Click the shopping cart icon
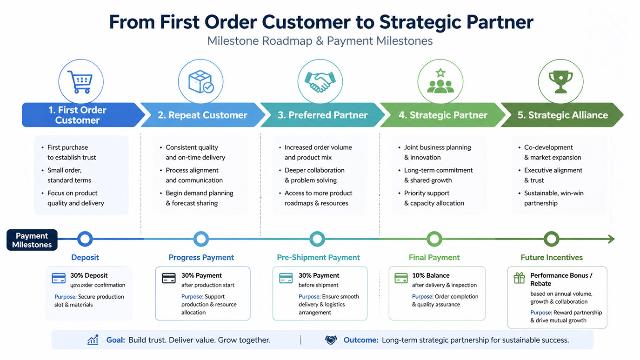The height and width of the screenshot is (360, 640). tap(80, 82)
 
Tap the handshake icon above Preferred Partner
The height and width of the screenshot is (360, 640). tap(320, 82)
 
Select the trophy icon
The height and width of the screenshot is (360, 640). tap(560, 82)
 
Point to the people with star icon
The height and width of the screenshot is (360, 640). tap(440, 81)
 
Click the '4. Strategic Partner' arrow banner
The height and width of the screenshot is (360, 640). tap(443, 115)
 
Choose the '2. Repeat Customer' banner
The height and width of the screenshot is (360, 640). tap(203, 115)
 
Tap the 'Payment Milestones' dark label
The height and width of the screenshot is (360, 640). tap(32, 240)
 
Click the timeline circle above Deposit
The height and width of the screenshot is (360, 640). tap(85, 239)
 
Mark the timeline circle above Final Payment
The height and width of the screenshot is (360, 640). tap(434, 239)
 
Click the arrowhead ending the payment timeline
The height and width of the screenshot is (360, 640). tap(611, 239)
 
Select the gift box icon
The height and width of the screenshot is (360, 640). tap(519, 278)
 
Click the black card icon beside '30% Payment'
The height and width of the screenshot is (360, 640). tap(169, 278)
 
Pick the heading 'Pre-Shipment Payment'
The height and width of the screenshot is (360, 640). tap(318, 257)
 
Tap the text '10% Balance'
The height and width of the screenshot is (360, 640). tap(431, 275)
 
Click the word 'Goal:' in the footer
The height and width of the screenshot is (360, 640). tap(116, 340)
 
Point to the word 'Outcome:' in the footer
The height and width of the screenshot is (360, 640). tap(361, 340)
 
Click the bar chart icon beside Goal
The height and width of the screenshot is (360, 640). tap(93, 340)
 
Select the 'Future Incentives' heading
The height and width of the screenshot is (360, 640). tap(552, 257)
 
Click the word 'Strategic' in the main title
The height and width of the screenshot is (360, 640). tap(420, 22)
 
